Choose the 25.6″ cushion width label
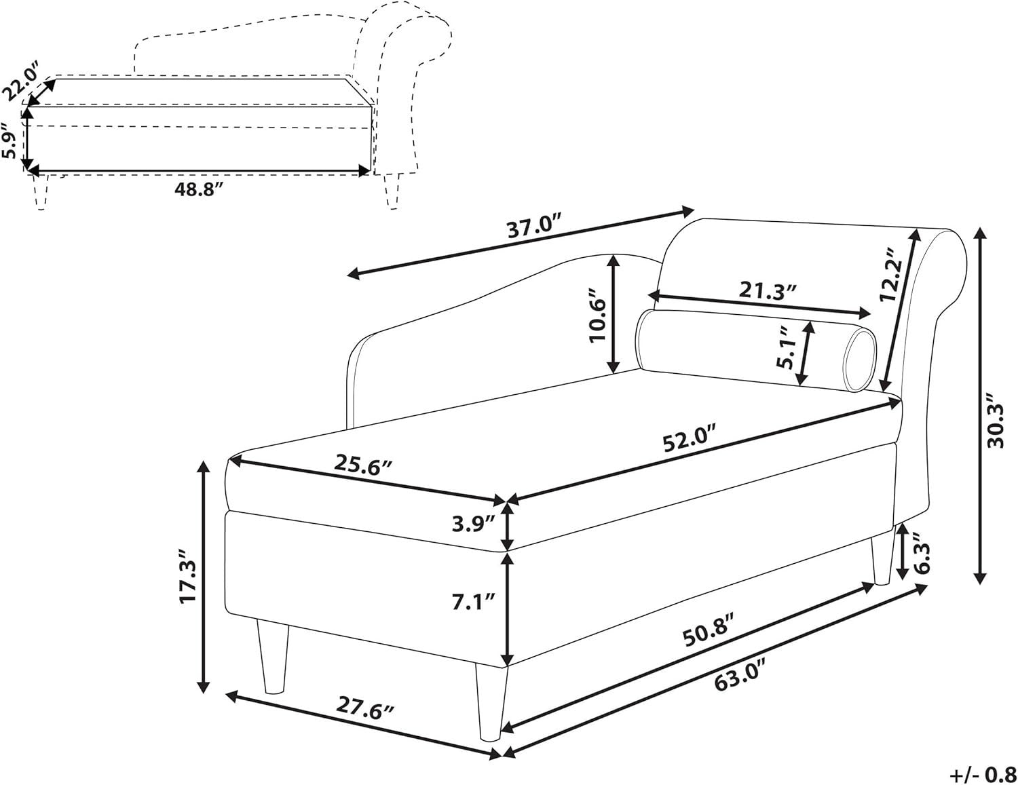click(x=362, y=465)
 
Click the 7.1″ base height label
click(x=473, y=601)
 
